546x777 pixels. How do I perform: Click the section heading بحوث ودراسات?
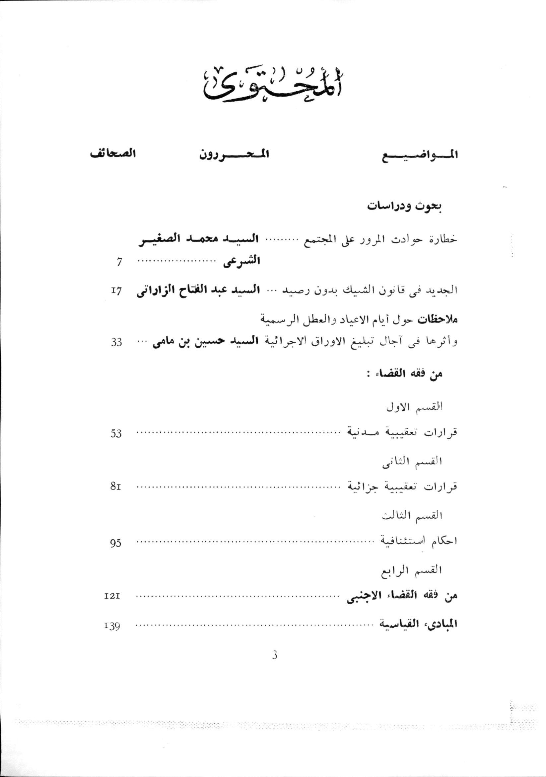(405, 207)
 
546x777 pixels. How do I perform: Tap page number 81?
(116, 487)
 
